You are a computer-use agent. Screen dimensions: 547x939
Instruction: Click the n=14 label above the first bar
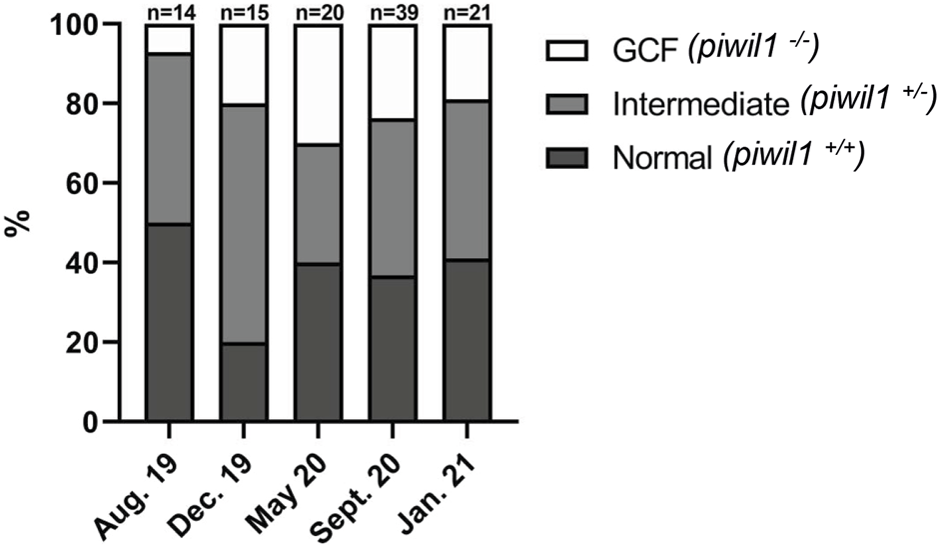point(168,11)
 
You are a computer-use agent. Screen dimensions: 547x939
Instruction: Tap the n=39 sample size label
point(392,11)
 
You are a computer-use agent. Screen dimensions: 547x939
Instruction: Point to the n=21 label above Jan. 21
point(467,11)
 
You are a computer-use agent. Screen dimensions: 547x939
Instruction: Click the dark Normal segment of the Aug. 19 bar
point(168,322)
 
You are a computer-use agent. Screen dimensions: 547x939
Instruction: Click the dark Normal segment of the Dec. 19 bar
point(243,382)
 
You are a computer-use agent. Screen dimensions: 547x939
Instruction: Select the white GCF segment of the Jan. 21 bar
point(467,63)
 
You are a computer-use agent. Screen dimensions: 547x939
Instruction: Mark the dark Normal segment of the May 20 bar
point(318,342)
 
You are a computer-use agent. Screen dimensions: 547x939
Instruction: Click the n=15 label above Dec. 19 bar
point(243,11)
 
